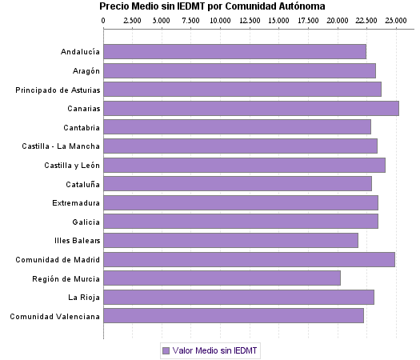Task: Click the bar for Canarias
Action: (x=251, y=109)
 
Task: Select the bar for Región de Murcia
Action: (x=222, y=278)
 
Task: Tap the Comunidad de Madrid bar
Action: (x=249, y=259)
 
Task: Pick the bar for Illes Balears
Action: (x=230, y=240)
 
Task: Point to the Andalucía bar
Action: (x=234, y=52)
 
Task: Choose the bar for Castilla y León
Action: (x=244, y=165)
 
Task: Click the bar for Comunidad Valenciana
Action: (x=234, y=316)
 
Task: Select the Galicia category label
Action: (x=86, y=222)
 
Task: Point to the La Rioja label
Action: (x=84, y=298)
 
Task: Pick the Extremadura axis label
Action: (x=75, y=202)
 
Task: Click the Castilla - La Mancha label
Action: (x=62, y=146)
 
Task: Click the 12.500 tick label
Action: (x=250, y=20)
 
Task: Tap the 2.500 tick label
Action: (x=133, y=20)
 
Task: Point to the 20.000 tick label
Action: (x=338, y=20)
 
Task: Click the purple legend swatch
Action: (x=166, y=350)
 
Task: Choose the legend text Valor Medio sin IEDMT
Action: (x=216, y=350)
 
